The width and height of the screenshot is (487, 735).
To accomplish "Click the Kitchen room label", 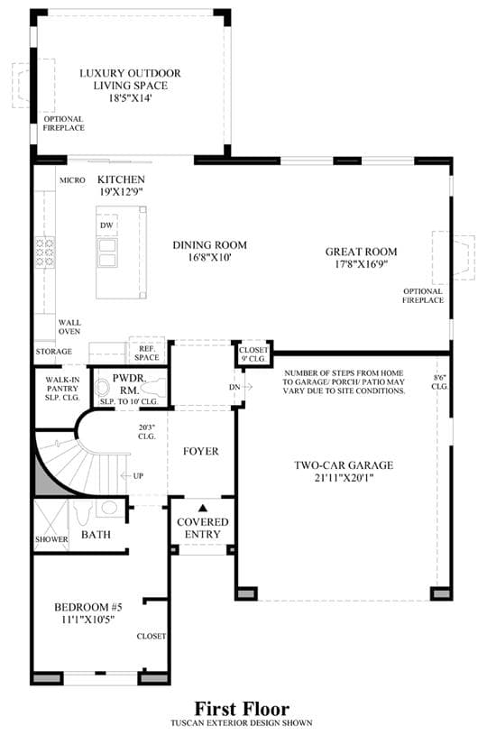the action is point(121,179).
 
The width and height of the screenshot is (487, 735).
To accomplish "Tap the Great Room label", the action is point(362,252).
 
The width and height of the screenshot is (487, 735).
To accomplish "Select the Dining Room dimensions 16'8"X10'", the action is point(209,257).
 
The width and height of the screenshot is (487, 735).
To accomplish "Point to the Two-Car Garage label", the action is point(344,465).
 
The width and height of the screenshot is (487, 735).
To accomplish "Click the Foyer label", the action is point(200,452).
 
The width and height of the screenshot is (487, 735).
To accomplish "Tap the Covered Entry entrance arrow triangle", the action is point(203,508).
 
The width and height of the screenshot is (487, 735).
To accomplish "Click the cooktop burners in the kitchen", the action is point(45,253).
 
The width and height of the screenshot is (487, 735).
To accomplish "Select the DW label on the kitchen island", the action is point(106,225).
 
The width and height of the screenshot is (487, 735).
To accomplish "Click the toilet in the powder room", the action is point(152,388).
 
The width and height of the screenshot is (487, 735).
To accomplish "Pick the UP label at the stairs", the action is point(138,476).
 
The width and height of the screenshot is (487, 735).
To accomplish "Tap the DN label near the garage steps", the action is point(234,387).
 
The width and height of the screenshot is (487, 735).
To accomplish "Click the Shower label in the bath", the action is point(51,539).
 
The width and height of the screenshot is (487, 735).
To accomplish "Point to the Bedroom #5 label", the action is point(88,608).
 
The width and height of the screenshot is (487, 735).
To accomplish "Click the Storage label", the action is point(54,352).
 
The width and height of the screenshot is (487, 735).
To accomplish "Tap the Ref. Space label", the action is point(147,353).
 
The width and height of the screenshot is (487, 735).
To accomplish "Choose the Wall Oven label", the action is point(69,326).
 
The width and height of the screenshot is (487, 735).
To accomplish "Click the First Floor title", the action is point(242,708).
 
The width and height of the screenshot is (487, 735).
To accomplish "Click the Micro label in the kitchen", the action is point(72,180).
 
